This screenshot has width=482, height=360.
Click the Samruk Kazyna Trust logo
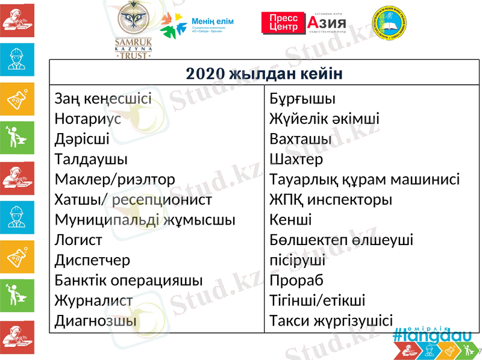coord(134,30)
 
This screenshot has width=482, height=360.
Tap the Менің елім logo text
coord(212,22)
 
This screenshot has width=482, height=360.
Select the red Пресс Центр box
coord(283,23)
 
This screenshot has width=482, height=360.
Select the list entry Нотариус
coord(87,119)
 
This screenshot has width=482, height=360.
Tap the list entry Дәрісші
coord(82,139)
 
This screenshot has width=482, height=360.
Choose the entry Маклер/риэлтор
coord(114,179)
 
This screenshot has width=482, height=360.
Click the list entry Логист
coord(78,240)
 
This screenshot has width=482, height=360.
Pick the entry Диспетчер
coord(92,260)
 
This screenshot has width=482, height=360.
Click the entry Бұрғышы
coord(302,99)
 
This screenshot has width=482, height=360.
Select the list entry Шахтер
coord(296,160)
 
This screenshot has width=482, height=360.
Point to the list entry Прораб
coord(296,281)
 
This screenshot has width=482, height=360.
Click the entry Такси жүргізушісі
coord(331,321)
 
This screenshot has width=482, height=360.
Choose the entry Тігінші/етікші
coord(317,300)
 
